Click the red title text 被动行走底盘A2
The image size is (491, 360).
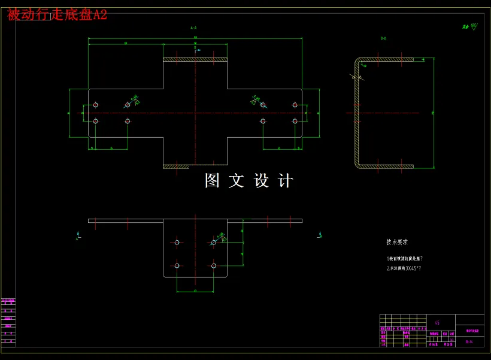tap(57, 15)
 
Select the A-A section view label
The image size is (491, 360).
tap(193, 28)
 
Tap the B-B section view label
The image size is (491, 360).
tap(383, 38)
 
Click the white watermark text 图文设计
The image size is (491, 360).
tap(248, 181)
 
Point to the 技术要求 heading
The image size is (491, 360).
tap(397, 243)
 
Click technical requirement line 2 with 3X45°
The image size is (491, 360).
tap(404, 268)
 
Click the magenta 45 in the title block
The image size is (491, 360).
tap(437, 322)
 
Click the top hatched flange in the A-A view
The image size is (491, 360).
tap(195, 59)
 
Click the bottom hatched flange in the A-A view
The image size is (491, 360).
tap(195, 167)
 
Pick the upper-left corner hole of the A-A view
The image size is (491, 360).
tap(96, 105)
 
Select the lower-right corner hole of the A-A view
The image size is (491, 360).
tap(295, 121)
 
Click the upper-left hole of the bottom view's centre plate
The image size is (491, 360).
tap(177, 243)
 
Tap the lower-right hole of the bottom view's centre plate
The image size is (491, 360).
tap(214, 265)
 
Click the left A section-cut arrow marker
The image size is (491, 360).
tap(77, 235)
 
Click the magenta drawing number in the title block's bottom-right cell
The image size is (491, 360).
tap(469, 342)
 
